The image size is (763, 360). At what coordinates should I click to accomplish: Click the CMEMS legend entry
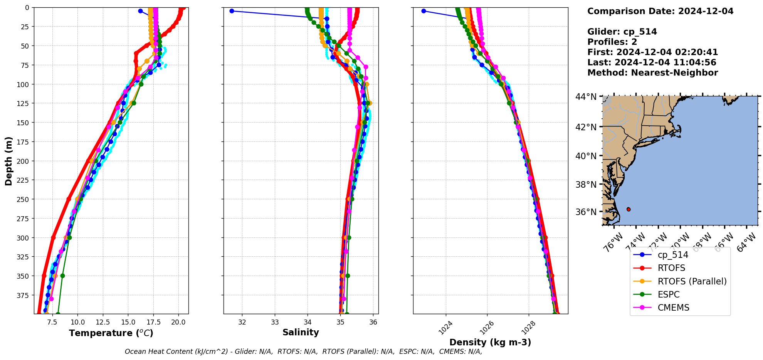[x=673, y=308]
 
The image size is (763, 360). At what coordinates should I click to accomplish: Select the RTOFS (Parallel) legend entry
[x=692, y=281]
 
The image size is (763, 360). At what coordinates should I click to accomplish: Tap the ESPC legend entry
[x=669, y=294]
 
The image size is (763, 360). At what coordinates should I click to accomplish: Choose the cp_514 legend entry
[x=673, y=255]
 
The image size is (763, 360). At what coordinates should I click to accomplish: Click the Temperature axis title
[x=111, y=333]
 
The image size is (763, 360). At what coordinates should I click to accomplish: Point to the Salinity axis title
[x=301, y=332]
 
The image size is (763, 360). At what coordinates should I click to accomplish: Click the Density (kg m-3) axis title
[x=490, y=342]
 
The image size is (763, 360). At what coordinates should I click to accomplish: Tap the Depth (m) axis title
[x=8, y=161]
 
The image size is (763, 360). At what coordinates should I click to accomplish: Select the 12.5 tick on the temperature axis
[x=103, y=322]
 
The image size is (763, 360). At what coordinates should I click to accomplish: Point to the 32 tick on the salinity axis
[x=242, y=322]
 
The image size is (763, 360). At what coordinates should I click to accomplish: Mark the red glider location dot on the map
[x=629, y=209]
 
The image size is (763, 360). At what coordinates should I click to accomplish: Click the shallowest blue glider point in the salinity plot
[x=232, y=11]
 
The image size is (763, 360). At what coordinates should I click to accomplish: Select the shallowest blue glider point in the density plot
[x=424, y=11]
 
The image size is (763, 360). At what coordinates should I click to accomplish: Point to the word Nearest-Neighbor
[x=674, y=73]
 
